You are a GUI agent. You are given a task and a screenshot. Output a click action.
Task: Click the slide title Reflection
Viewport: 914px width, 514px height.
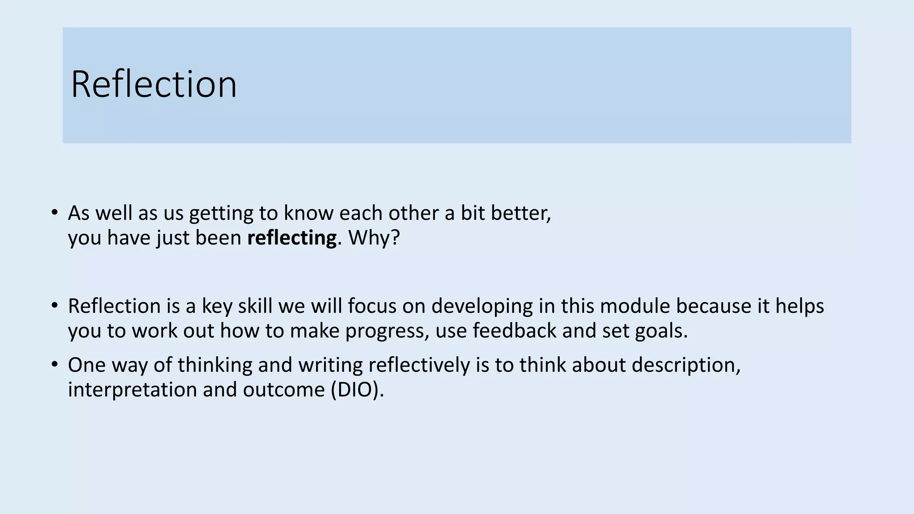pyautogui.click(x=154, y=84)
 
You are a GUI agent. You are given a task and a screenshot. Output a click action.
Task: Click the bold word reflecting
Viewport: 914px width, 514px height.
pyautogui.click(x=291, y=238)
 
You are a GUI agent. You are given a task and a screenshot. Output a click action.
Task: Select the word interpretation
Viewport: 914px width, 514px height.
pyautogui.click(x=132, y=390)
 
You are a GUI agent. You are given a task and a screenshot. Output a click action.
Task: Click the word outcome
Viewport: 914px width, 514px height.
pyautogui.click(x=284, y=390)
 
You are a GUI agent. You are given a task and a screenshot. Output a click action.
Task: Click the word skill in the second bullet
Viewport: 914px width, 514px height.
pyautogui.click(x=255, y=307)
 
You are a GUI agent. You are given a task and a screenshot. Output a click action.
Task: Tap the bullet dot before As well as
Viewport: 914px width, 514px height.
pyautogui.click(x=54, y=212)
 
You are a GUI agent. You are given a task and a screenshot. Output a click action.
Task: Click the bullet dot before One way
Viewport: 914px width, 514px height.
pyautogui.click(x=54, y=365)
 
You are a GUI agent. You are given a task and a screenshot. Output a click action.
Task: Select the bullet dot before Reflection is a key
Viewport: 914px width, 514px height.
pyautogui.click(x=54, y=306)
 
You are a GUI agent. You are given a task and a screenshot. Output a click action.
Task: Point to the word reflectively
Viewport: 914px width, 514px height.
pyautogui.click(x=419, y=365)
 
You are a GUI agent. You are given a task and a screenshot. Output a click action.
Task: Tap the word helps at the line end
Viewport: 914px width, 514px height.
pyautogui.click(x=799, y=307)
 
